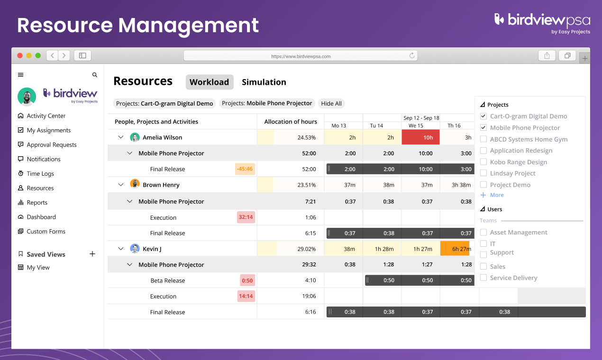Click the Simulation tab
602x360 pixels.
pos(264,82)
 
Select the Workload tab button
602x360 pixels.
pos(209,82)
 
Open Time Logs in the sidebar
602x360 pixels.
pos(40,174)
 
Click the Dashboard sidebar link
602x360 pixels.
pos(41,217)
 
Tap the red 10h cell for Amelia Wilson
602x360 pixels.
pos(420,137)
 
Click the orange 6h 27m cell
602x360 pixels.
pos(455,249)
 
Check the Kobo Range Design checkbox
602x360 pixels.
pos(483,162)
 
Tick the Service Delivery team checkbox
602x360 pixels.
pos(483,278)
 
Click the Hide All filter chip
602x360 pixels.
pos(331,103)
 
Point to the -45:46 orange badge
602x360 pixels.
pos(245,169)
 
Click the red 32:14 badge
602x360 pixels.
pos(246,217)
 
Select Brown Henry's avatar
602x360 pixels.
pos(135,185)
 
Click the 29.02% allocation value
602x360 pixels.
pos(306,249)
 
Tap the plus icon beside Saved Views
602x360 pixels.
pos(92,254)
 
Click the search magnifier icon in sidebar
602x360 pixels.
pos(95,75)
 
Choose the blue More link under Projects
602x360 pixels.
pos(497,195)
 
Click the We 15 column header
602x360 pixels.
pos(416,126)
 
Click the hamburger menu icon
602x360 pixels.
pos(20,75)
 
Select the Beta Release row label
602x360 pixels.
pos(167,280)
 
